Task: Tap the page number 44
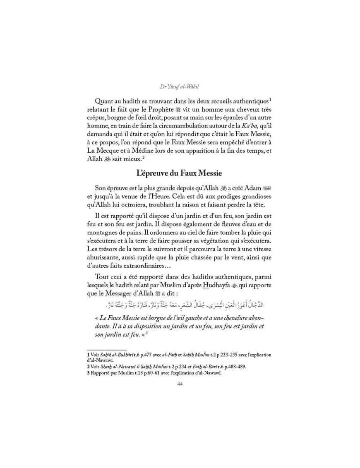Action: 180,384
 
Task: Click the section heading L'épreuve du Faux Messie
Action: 180,174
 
